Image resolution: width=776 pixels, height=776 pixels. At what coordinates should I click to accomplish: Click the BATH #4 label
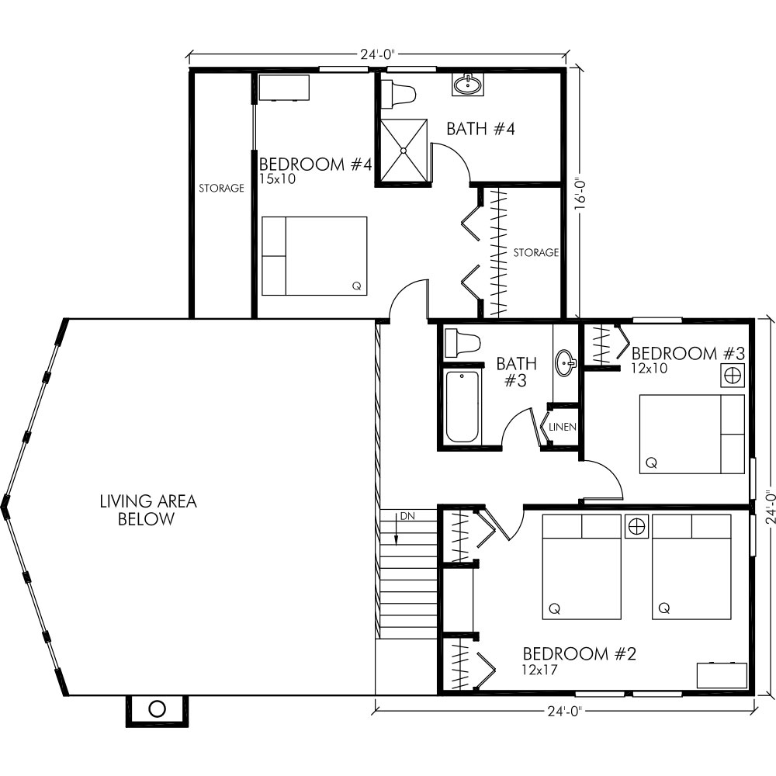click(x=480, y=129)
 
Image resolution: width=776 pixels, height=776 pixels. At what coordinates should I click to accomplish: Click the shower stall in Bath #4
click(x=403, y=151)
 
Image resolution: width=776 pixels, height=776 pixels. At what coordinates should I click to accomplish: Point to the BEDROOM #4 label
click(x=316, y=165)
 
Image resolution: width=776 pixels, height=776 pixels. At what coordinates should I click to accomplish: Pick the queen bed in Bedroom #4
click(x=314, y=256)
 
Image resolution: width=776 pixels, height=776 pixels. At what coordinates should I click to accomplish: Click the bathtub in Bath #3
click(x=462, y=407)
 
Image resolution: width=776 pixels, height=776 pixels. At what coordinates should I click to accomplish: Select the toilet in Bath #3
click(x=462, y=344)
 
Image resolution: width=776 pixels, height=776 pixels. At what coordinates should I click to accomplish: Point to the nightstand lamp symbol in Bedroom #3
click(x=732, y=376)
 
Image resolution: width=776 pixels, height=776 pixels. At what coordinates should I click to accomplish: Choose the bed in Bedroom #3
click(x=691, y=434)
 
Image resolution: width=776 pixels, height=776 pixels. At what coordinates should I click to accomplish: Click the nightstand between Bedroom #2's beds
click(x=636, y=527)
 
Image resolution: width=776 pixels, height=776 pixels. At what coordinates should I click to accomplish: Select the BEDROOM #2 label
click(x=579, y=654)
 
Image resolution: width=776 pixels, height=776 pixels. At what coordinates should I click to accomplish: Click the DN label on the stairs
click(x=407, y=516)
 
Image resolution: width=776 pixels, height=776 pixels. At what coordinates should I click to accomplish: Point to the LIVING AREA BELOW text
click(x=147, y=511)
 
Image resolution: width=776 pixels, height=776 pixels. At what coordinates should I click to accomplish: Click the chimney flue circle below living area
click(x=157, y=708)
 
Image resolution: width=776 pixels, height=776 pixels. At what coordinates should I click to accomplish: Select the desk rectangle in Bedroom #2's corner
click(x=722, y=675)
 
